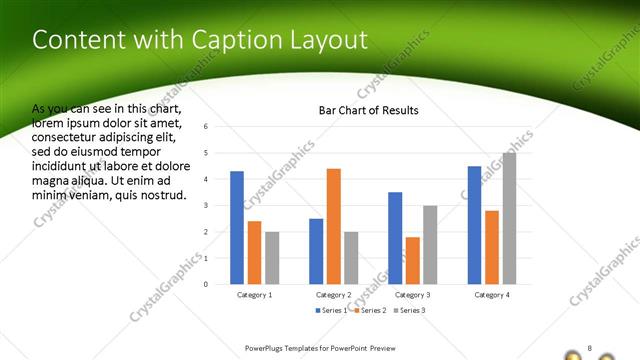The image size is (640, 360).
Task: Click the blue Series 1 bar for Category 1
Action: coord(237,228)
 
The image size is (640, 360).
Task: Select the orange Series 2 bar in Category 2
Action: coord(333,226)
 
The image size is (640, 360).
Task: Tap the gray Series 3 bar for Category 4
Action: coord(509,218)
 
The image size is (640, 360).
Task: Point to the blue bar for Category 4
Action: coord(474,225)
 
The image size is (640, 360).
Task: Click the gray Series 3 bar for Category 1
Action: coord(272,258)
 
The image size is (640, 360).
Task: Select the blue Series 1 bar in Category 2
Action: coord(316,251)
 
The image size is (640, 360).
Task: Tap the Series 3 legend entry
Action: coord(410,311)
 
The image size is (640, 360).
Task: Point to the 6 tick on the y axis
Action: coord(205,127)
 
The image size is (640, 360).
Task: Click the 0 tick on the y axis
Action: coord(205,284)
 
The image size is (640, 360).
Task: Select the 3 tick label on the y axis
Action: coord(205,205)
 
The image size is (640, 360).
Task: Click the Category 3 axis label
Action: coord(412,295)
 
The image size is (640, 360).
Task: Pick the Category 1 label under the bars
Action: coord(254,295)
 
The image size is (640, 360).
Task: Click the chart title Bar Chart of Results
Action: coord(368,110)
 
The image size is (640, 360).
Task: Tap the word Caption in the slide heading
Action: coord(233,40)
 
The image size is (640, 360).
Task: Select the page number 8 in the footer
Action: coord(590,348)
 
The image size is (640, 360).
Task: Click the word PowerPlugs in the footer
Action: coord(263,349)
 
